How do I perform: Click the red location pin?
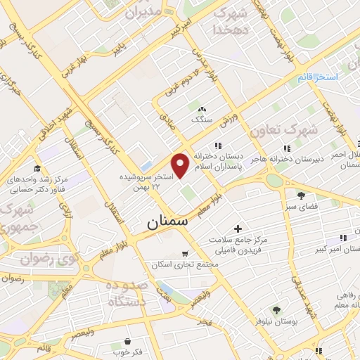coord(181,164)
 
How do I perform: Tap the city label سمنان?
coord(168,221)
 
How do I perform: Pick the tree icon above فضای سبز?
coord(301,195)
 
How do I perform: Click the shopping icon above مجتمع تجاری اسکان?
coord(184,253)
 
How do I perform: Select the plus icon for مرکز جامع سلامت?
coord(238,229)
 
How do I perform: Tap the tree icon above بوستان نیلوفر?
coord(276,310)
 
